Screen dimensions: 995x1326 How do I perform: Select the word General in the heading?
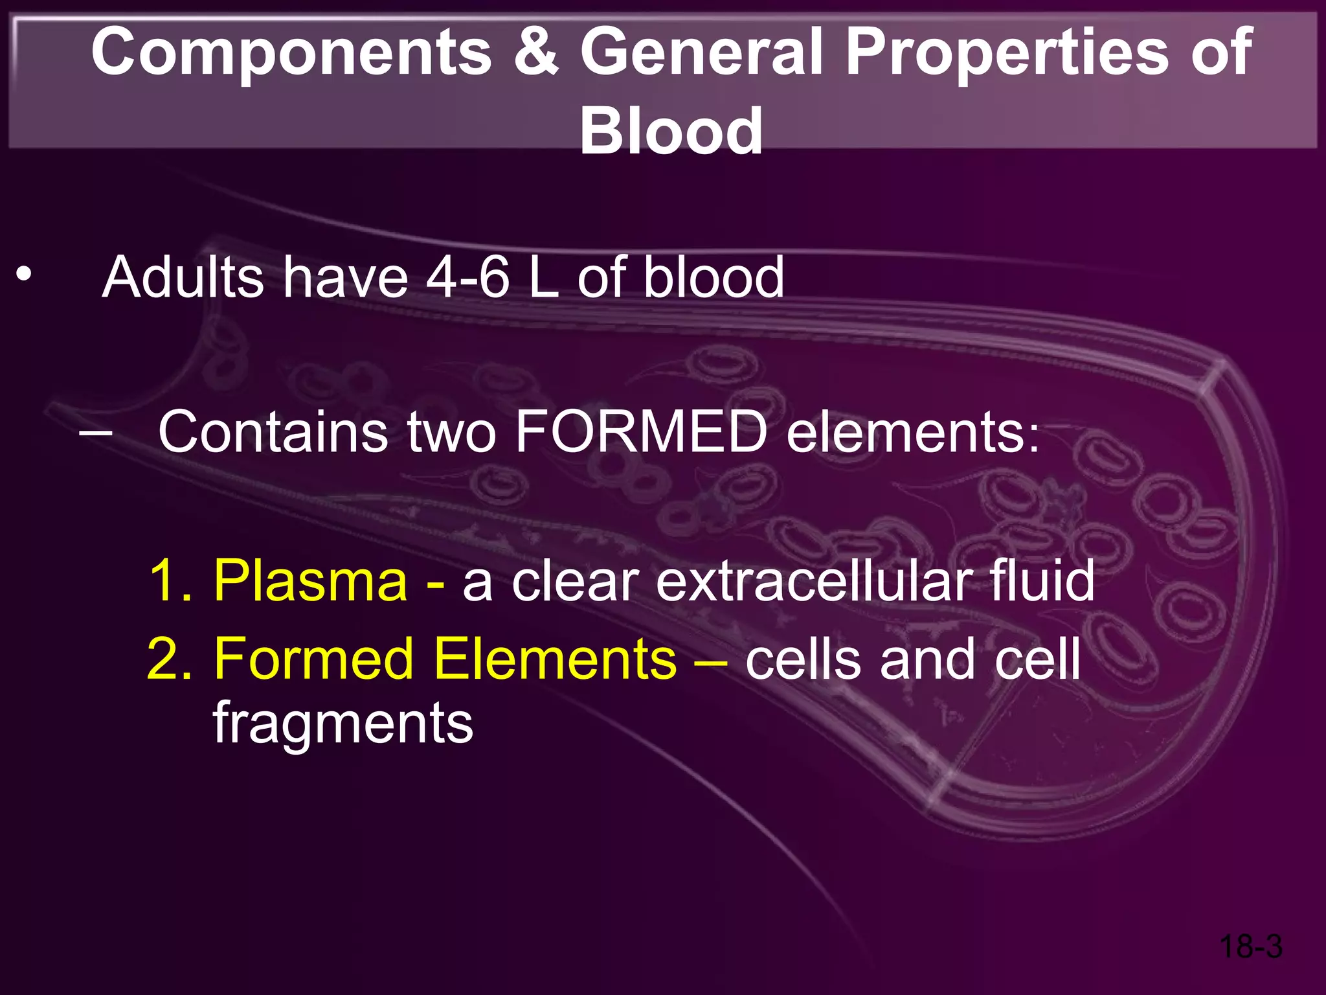[x=702, y=52]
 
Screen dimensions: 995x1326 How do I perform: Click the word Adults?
[x=183, y=277]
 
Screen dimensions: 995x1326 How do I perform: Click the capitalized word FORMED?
[x=641, y=431]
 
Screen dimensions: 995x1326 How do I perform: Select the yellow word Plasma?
[x=310, y=580]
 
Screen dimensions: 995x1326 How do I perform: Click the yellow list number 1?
[x=170, y=580]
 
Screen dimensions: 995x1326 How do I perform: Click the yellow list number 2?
[x=170, y=659]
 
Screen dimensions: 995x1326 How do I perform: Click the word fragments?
[x=343, y=724]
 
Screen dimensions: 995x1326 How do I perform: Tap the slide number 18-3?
[x=1250, y=946]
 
